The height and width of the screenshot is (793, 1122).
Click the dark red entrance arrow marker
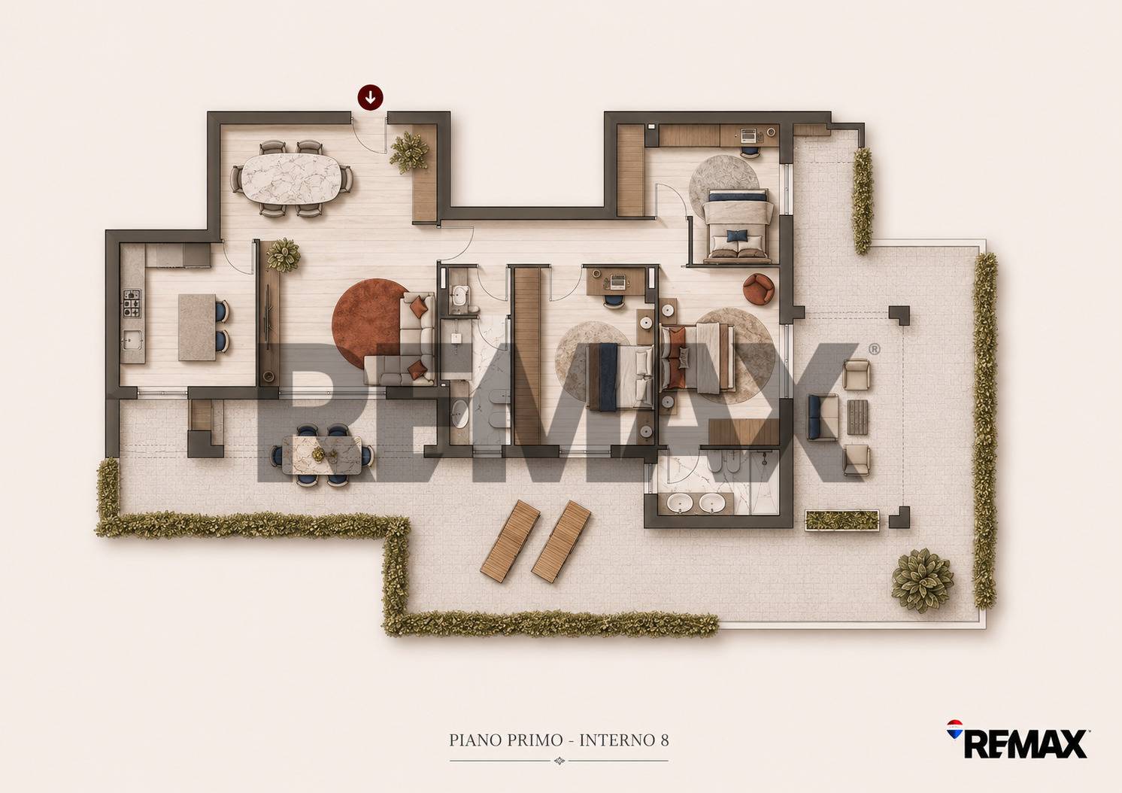(370, 97)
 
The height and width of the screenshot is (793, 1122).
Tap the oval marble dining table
(291, 178)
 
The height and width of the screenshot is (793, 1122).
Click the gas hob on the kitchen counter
(132, 303)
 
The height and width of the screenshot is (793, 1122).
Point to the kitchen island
(197, 327)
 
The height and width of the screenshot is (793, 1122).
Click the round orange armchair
(758, 289)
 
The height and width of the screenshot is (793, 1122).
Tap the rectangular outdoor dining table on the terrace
(322, 455)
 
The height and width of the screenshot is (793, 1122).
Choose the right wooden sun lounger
(561, 541)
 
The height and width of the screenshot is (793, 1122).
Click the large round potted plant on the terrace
(922, 580)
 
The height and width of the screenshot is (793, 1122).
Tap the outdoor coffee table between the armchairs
(857, 417)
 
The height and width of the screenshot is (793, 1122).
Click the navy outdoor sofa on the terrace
(823, 417)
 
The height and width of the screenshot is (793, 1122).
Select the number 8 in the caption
(664, 740)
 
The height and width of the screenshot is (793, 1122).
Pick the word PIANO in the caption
(473, 740)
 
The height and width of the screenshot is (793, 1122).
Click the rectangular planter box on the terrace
(842, 520)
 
